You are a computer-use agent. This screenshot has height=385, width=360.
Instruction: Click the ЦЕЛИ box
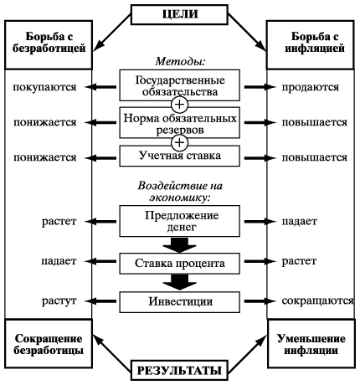(x=179, y=14)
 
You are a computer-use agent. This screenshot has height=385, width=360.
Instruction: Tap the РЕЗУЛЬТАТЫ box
(x=179, y=370)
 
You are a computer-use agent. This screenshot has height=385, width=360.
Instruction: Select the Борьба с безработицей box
(x=49, y=44)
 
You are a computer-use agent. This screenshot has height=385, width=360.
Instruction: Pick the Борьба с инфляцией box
(x=311, y=44)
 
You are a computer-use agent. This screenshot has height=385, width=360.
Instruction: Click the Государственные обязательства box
(x=180, y=85)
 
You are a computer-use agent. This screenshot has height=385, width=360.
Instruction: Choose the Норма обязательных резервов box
(x=180, y=123)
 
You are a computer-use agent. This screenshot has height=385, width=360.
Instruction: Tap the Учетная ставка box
(x=180, y=157)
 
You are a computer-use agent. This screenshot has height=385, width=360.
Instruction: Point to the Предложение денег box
(x=180, y=221)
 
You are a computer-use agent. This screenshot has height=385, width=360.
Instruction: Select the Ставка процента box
(x=180, y=264)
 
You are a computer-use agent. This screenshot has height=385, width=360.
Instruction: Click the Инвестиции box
(x=180, y=302)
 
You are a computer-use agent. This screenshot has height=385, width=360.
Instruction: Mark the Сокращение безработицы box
(x=49, y=344)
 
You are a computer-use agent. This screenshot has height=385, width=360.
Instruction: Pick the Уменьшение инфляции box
(x=311, y=344)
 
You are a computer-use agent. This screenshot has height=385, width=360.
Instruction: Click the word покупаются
(x=44, y=87)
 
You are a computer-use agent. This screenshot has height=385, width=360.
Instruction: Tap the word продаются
(x=311, y=87)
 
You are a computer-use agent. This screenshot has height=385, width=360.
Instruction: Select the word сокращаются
(x=317, y=301)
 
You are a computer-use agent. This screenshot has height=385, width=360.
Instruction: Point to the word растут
(x=59, y=301)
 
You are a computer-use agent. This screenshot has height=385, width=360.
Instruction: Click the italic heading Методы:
(x=180, y=61)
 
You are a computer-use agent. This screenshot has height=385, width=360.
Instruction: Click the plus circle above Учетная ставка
(x=180, y=142)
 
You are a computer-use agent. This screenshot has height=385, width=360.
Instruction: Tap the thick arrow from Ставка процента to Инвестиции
(x=180, y=282)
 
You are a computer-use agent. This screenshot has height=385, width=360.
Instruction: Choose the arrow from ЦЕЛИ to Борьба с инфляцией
(x=247, y=33)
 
